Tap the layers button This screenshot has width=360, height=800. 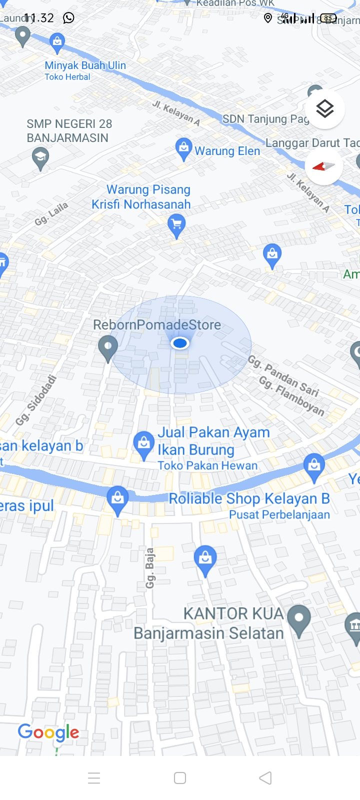coord(324,108)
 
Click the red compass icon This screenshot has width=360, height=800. coord(323,166)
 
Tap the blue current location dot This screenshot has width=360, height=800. coord(179,343)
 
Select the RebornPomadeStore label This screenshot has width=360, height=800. coord(157,325)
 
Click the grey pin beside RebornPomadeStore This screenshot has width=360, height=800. coord(107,347)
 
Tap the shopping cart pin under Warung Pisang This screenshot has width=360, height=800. coord(176,224)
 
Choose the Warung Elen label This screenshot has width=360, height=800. coord(227,151)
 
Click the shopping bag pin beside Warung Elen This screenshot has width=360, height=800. coord(184,148)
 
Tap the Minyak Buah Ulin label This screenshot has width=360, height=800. coord(85,65)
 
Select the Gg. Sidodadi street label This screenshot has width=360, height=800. coord(35,400)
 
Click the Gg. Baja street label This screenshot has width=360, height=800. coord(150,567)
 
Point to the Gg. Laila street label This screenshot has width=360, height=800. coord(51,214)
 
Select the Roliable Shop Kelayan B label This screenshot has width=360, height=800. coord(249,498)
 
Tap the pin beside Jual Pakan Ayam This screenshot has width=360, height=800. coord(144,443)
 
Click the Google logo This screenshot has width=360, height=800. coord(48,732)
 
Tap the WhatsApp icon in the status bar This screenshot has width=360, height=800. coord(68,18)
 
